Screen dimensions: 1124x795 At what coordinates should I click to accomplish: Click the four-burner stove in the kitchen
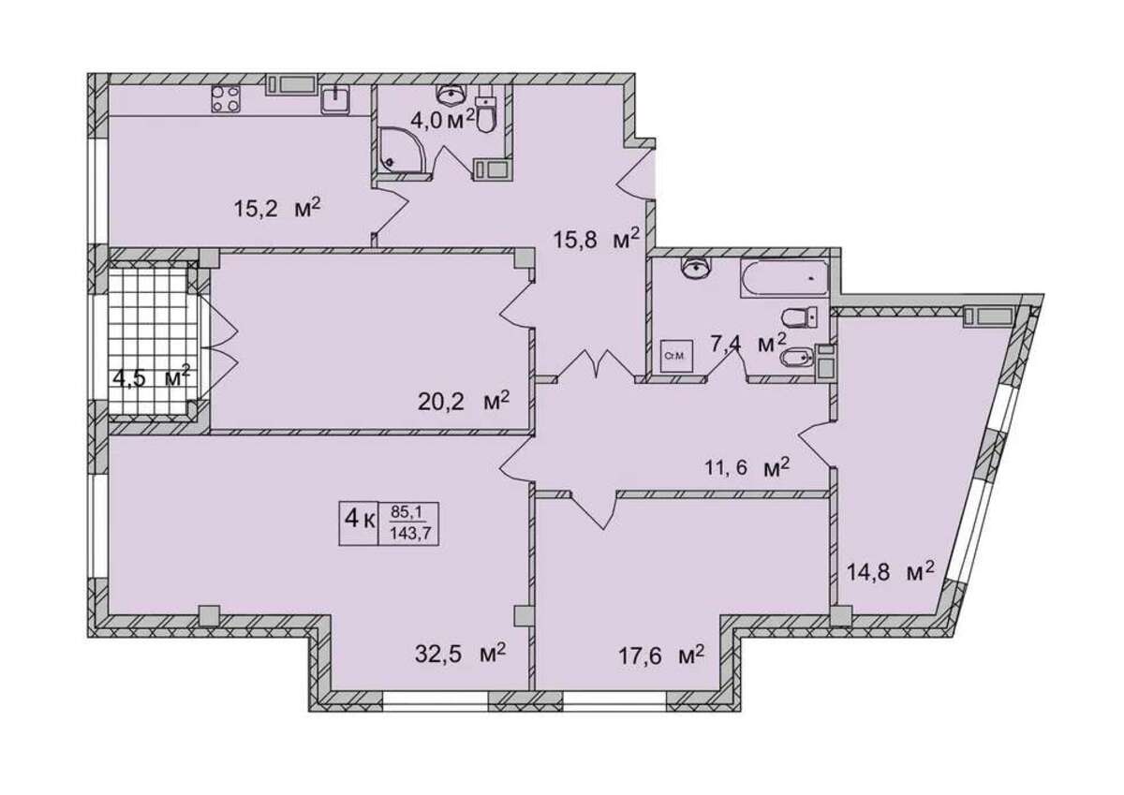(x=226, y=99)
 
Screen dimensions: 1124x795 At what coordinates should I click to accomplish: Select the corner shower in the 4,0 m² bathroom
(x=403, y=150)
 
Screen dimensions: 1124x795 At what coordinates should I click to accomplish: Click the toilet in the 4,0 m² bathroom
(x=485, y=114)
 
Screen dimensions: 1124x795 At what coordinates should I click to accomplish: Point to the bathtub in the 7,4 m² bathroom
(x=784, y=278)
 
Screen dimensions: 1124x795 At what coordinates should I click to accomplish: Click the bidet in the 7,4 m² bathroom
(x=799, y=358)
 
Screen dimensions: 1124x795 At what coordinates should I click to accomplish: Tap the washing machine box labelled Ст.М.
(x=676, y=356)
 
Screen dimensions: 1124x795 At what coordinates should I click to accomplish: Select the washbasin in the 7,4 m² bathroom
(x=695, y=267)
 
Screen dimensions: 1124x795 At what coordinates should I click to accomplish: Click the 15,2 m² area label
(x=277, y=207)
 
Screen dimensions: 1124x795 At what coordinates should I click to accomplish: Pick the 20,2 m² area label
(x=464, y=401)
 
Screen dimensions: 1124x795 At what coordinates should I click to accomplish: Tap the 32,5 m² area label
(x=460, y=654)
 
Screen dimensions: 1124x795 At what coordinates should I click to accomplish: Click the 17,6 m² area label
(x=661, y=655)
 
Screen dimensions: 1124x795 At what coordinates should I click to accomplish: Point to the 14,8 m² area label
(x=891, y=571)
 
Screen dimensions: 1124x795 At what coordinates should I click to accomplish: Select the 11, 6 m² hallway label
(x=748, y=467)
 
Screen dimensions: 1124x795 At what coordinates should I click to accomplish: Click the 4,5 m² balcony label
(x=152, y=376)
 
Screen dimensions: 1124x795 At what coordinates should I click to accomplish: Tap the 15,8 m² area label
(x=597, y=240)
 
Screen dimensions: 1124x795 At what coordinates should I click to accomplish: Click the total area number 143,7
(x=410, y=534)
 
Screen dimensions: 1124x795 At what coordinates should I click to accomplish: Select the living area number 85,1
(x=407, y=512)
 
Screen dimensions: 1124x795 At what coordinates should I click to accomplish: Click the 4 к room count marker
(x=360, y=518)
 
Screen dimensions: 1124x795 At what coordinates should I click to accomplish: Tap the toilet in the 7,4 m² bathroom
(x=799, y=318)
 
